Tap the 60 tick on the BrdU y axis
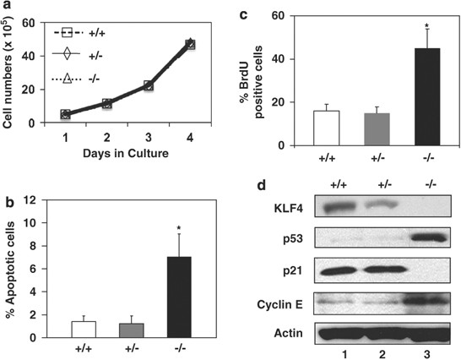click(290, 15)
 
